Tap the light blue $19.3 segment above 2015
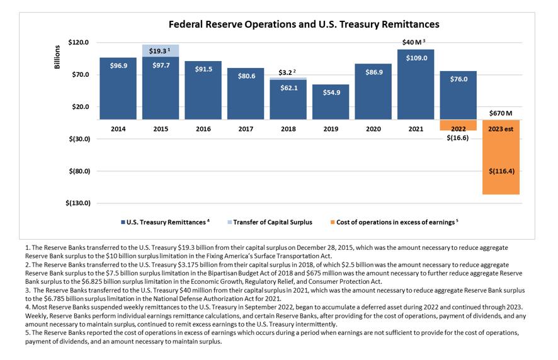pyautogui.click(x=160, y=50)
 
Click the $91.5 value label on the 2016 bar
pyautogui.click(x=203, y=69)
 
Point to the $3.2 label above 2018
pyautogui.click(x=287, y=72)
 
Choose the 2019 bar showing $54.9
pyautogui.click(x=331, y=101)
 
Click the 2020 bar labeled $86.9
pyautogui.click(x=373, y=88)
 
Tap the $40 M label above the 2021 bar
pyautogui.click(x=414, y=42)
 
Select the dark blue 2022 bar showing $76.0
pyautogui.click(x=458, y=94)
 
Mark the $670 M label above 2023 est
pyautogui.click(x=501, y=113)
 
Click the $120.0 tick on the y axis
pyautogui.click(x=81, y=43)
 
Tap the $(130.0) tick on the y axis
pyautogui.click(x=79, y=203)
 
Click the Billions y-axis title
pyautogui.click(x=57, y=57)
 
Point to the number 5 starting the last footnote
pyautogui.click(x=26, y=332)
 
